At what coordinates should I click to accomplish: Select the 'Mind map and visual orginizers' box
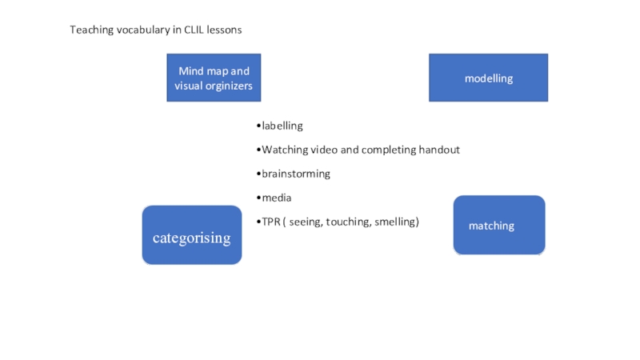(x=214, y=78)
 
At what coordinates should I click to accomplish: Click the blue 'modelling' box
(x=489, y=78)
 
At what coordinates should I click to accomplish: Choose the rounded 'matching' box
(x=499, y=226)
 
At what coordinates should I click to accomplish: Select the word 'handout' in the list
(x=439, y=150)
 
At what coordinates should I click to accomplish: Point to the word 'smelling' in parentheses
(x=394, y=222)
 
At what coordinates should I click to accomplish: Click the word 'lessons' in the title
(x=226, y=30)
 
